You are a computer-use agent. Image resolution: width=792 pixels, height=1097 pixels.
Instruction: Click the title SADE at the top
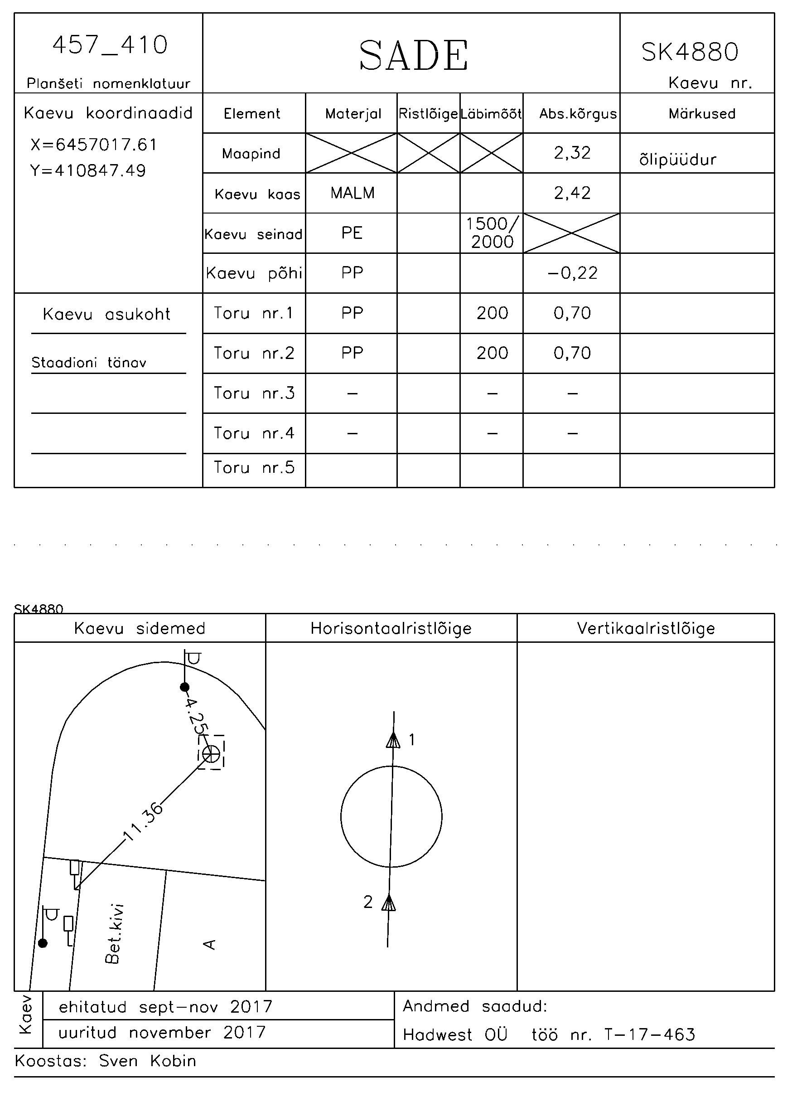coord(413,55)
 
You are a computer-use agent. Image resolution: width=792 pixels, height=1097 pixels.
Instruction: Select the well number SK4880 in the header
coord(690,52)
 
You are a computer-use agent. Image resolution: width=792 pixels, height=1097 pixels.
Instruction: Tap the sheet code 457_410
coord(110,45)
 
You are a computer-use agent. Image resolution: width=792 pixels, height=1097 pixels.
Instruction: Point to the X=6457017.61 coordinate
coord(94,144)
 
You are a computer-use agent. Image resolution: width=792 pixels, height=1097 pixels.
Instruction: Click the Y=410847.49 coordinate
coord(88,170)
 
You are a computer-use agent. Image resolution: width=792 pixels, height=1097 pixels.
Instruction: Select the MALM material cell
coord(353,193)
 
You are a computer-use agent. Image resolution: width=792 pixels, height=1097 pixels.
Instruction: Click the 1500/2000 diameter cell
coord(492,233)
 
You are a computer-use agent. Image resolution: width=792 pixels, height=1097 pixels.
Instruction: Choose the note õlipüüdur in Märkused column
coord(677,159)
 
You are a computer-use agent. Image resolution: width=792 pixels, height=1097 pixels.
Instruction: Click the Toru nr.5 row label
coord(254,467)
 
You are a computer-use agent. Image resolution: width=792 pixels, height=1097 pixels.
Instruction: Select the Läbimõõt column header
coord(491,114)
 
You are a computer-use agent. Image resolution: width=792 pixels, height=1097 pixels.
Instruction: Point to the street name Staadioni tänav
coord(89,362)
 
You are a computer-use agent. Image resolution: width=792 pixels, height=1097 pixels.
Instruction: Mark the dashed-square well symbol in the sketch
coord(211,753)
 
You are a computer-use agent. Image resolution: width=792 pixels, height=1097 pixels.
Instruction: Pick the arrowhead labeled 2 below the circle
coord(389,902)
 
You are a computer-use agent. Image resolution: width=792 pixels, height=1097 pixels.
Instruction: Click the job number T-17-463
coord(650,1034)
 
